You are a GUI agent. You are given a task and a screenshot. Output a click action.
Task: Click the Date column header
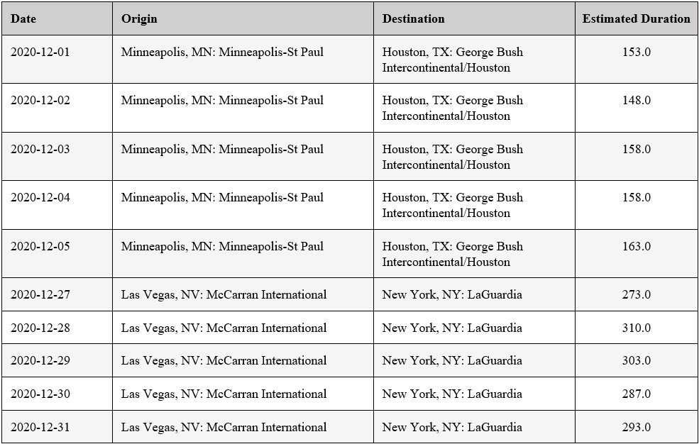(23, 19)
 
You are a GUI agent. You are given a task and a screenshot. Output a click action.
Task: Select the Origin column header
(139, 19)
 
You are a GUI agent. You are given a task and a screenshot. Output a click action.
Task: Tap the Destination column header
(414, 19)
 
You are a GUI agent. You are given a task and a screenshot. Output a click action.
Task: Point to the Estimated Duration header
(636, 19)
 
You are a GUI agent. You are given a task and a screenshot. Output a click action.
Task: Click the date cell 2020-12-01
(40, 52)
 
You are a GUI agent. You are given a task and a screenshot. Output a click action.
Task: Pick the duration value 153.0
(637, 52)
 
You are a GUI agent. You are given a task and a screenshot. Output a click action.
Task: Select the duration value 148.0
(637, 100)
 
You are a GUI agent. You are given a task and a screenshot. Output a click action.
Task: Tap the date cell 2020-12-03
(40, 149)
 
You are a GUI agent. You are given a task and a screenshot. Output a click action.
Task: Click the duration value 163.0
(637, 246)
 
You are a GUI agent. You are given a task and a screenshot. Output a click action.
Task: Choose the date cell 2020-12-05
(40, 246)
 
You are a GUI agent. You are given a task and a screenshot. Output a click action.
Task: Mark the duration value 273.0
(637, 294)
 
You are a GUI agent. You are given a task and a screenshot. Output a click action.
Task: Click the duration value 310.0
(637, 328)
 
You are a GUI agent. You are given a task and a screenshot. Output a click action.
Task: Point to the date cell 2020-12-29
(40, 360)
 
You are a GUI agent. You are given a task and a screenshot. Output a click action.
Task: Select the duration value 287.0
(637, 394)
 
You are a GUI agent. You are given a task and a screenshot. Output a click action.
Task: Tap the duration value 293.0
(637, 427)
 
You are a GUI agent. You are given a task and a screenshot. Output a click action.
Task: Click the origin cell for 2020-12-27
(224, 294)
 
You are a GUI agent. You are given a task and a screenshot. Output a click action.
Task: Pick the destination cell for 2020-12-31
(452, 427)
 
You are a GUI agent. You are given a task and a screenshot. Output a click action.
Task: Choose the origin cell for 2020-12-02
(222, 100)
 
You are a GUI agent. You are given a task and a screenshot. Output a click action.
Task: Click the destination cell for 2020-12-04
(452, 205)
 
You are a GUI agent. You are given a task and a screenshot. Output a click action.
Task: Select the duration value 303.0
(637, 360)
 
